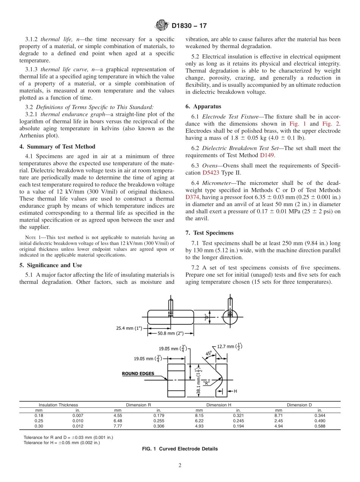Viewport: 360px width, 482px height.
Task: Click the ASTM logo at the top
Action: click(162, 26)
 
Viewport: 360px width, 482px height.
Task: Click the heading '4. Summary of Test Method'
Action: click(57, 147)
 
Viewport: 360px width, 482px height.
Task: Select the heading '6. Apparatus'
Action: click(203, 106)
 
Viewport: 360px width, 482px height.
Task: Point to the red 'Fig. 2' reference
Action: click(332, 124)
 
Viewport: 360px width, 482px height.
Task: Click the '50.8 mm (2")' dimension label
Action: click(170, 333)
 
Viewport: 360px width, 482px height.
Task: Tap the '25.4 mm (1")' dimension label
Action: click(129, 328)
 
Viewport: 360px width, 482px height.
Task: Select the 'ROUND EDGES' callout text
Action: click(138, 374)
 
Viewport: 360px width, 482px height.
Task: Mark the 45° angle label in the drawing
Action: click(208, 354)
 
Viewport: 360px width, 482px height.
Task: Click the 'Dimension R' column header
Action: click(138, 405)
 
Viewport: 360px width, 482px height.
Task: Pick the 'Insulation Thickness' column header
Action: click(58, 405)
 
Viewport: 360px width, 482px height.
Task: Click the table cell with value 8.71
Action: click(279, 415)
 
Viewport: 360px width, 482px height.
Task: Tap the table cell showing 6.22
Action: click(199, 421)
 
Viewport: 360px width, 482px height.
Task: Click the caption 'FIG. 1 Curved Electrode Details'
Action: click(180, 449)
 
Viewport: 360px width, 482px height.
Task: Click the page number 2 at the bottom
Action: click(180, 466)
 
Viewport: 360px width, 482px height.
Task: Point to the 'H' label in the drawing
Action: click(236, 391)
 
